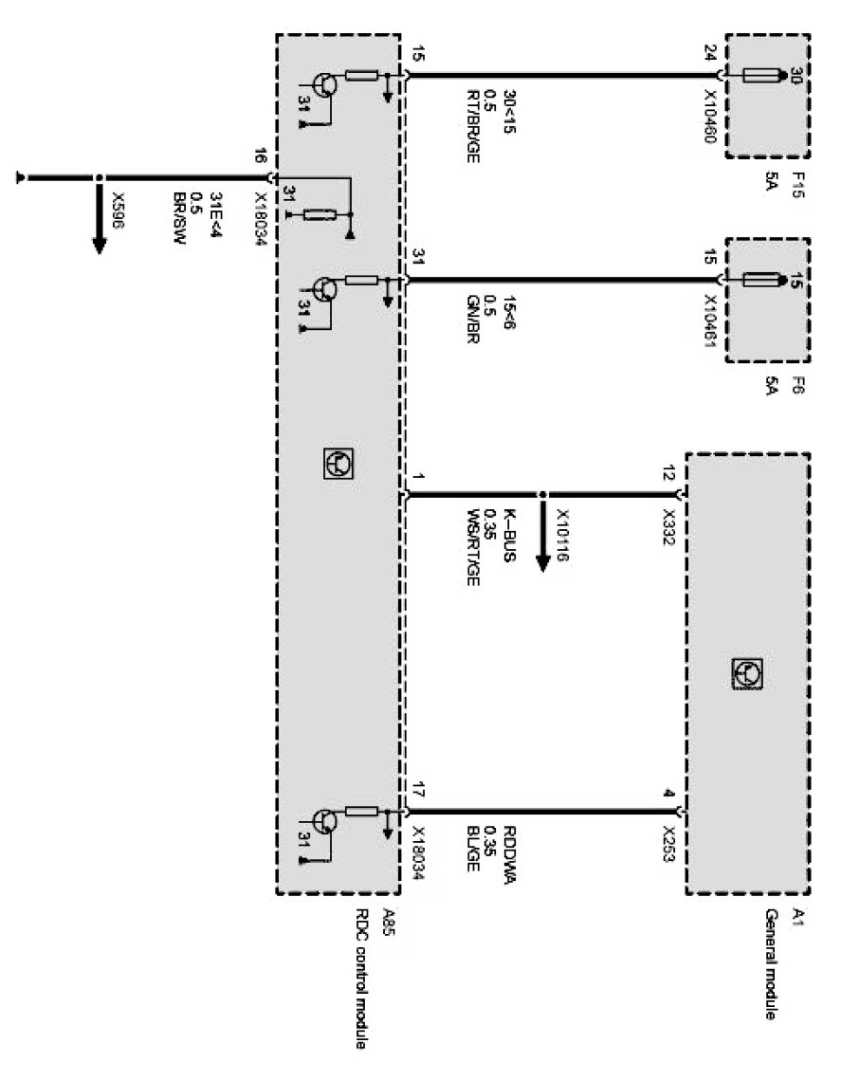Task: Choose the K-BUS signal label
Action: pyautogui.click(x=508, y=537)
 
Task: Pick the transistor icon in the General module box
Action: pyautogui.click(x=747, y=672)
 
